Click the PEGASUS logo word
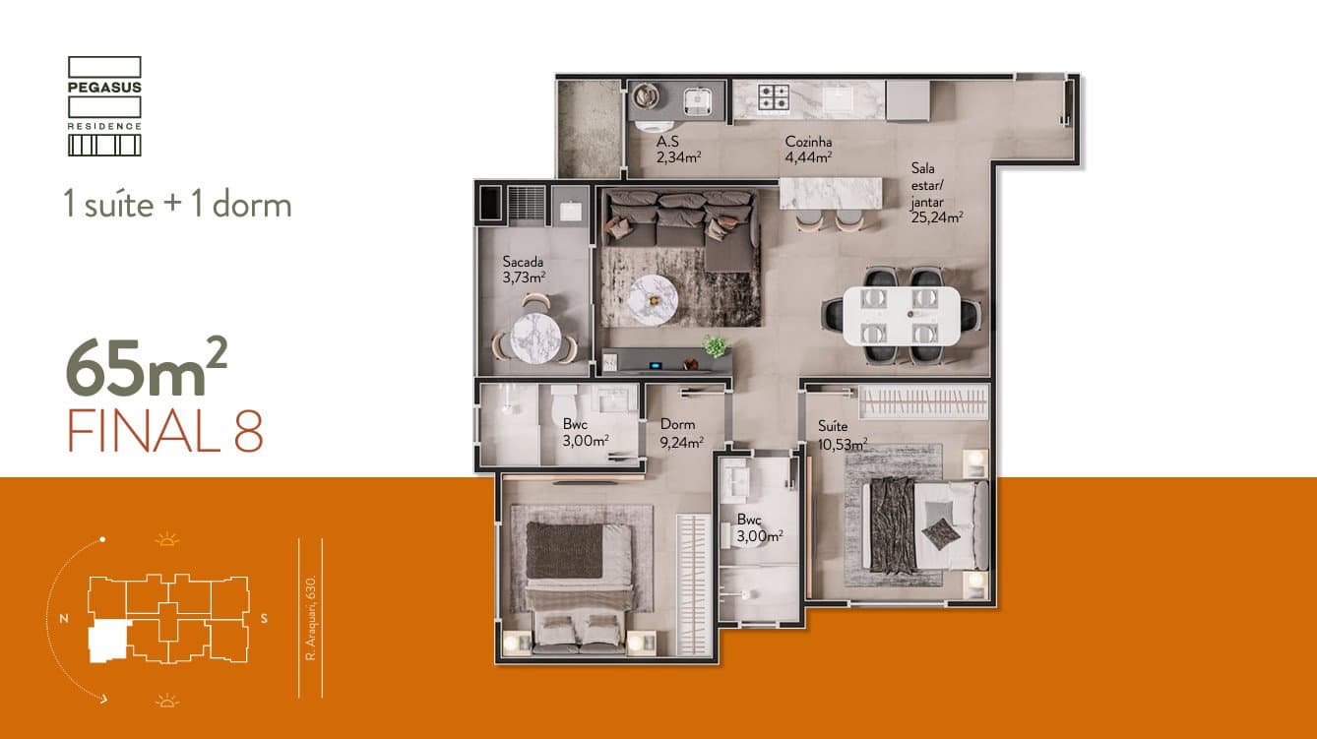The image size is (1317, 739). [104, 88]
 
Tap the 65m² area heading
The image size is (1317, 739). [147, 367]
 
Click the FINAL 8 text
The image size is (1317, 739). [165, 431]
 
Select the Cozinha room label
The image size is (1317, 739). [808, 142]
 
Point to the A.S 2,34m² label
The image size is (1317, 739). [678, 150]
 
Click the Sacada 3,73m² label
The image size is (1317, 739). [524, 270]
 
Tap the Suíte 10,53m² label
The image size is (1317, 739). [842, 435]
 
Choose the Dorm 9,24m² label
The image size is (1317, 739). [681, 433]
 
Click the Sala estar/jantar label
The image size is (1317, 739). [937, 193]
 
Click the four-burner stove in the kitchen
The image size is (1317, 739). [773, 97]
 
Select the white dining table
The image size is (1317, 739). [902, 316]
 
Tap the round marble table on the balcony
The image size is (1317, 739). [535, 339]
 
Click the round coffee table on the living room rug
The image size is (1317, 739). [653, 299]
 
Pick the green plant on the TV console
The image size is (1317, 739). [716, 345]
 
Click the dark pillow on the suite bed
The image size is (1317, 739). [941, 533]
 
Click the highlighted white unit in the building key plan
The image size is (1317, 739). [107, 642]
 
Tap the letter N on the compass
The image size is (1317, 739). [64, 619]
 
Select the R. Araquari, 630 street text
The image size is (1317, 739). [311, 618]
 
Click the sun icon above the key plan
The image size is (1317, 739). [167, 539]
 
